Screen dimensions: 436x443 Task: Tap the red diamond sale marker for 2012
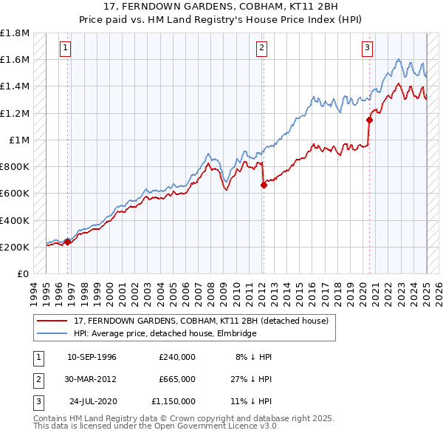pos(264,185)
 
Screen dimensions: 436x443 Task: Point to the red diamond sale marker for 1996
pos(67,241)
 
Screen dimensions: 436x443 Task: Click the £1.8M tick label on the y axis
pos(15,33)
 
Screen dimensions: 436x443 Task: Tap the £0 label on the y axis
pos(24,273)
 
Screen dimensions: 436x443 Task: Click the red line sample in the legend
pos(53,321)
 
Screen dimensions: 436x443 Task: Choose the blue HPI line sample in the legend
pos(53,333)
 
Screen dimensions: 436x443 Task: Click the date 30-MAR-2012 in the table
pos(92,379)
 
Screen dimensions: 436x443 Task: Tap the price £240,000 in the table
pos(176,357)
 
